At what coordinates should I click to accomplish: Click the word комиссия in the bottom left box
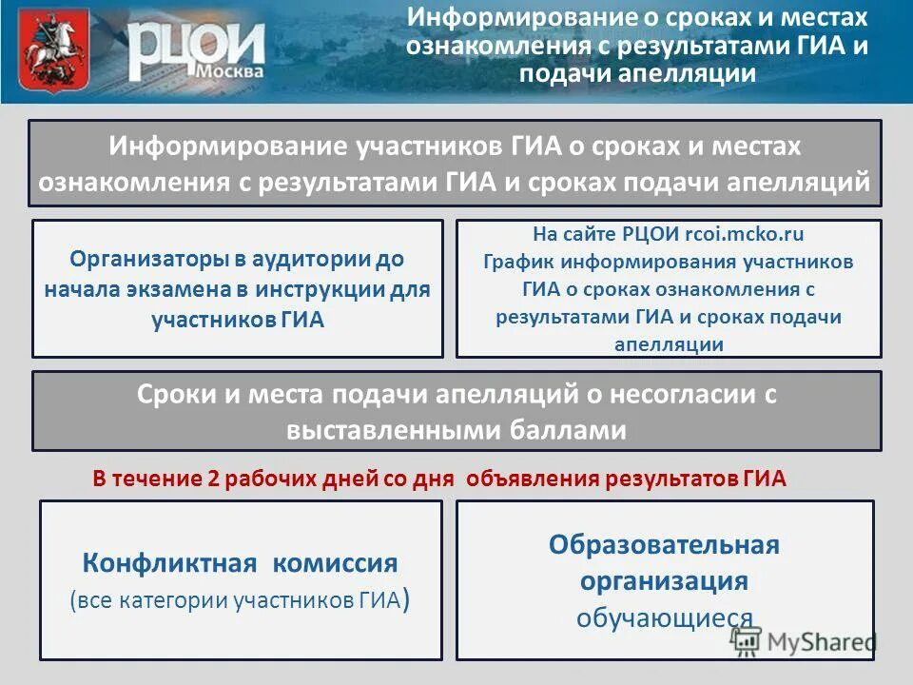coord(336,563)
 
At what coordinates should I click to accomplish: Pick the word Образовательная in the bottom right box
coord(664,545)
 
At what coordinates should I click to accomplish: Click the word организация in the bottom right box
coord(664,581)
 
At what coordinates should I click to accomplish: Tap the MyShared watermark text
coord(824,643)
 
